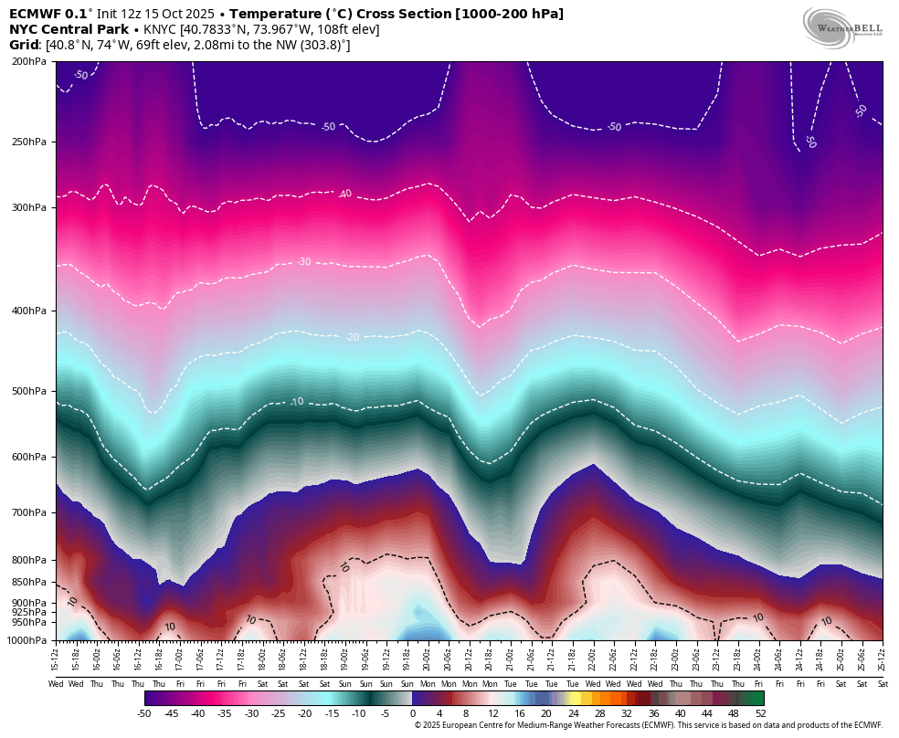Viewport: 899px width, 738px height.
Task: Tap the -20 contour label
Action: coord(352,337)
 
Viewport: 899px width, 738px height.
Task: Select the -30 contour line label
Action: coord(303,262)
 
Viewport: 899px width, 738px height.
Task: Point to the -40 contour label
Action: coord(344,194)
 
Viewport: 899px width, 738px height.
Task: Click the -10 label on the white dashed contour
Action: coord(297,402)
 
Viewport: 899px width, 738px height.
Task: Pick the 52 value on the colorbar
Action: coord(760,713)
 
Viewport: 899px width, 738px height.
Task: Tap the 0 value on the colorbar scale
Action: coord(412,713)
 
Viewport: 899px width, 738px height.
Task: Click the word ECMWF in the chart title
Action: coord(34,14)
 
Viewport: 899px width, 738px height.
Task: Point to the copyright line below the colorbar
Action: coord(648,725)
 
